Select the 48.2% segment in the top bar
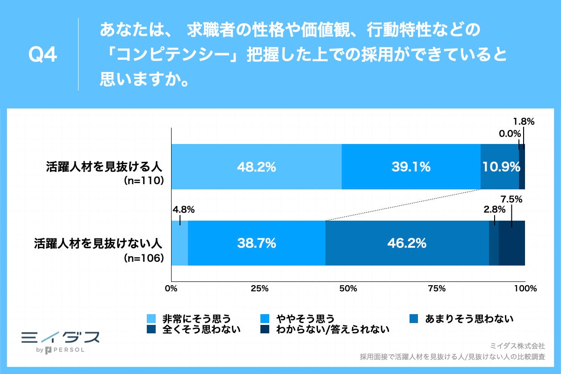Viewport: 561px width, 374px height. [256, 167]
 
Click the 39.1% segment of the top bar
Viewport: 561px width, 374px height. [411, 167]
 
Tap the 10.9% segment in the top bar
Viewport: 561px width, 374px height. [500, 167]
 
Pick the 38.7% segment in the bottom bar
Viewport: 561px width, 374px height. [256, 243]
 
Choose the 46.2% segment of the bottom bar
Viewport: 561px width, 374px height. [407, 243]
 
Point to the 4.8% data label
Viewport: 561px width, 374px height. [183, 209]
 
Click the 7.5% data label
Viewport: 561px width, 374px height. [512, 200]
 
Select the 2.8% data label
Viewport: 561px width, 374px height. [495, 210]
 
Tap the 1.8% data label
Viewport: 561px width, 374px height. [523, 122]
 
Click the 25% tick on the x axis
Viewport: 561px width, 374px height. [259, 288]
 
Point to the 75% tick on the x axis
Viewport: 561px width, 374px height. [436, 288]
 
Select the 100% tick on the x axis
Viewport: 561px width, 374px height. [525, 288]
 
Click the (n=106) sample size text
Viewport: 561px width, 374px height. [143, 257]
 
